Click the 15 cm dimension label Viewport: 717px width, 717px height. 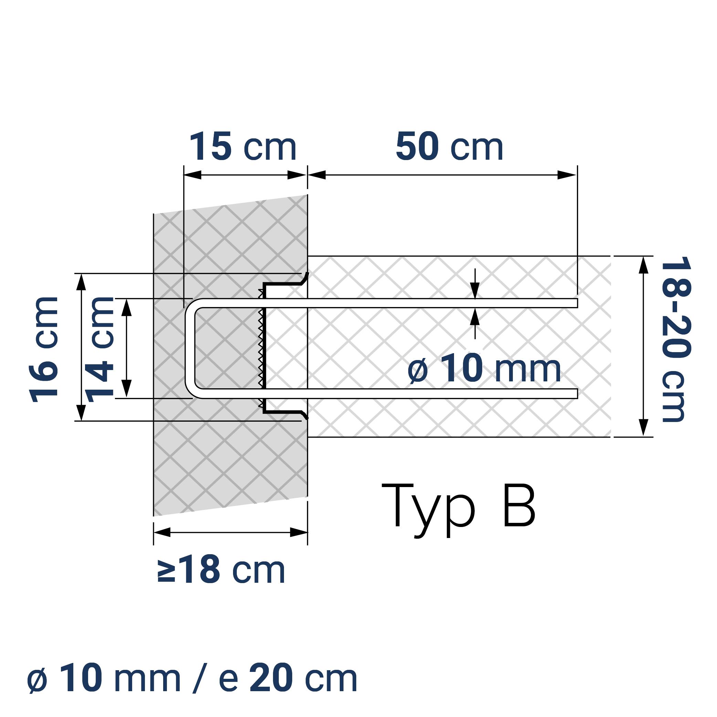[243, 147]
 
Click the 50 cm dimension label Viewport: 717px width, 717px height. [449, 147]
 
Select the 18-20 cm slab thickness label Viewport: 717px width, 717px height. [676, 340]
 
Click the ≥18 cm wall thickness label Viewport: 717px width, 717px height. [222, 570]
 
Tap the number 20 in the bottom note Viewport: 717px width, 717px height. [271, 679]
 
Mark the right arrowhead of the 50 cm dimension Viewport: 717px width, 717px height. [568, 175]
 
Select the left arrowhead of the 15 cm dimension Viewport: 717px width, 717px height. [192, 175]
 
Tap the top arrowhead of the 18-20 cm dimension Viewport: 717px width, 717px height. [644, 264]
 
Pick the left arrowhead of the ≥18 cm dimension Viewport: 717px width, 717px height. [162, 533]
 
